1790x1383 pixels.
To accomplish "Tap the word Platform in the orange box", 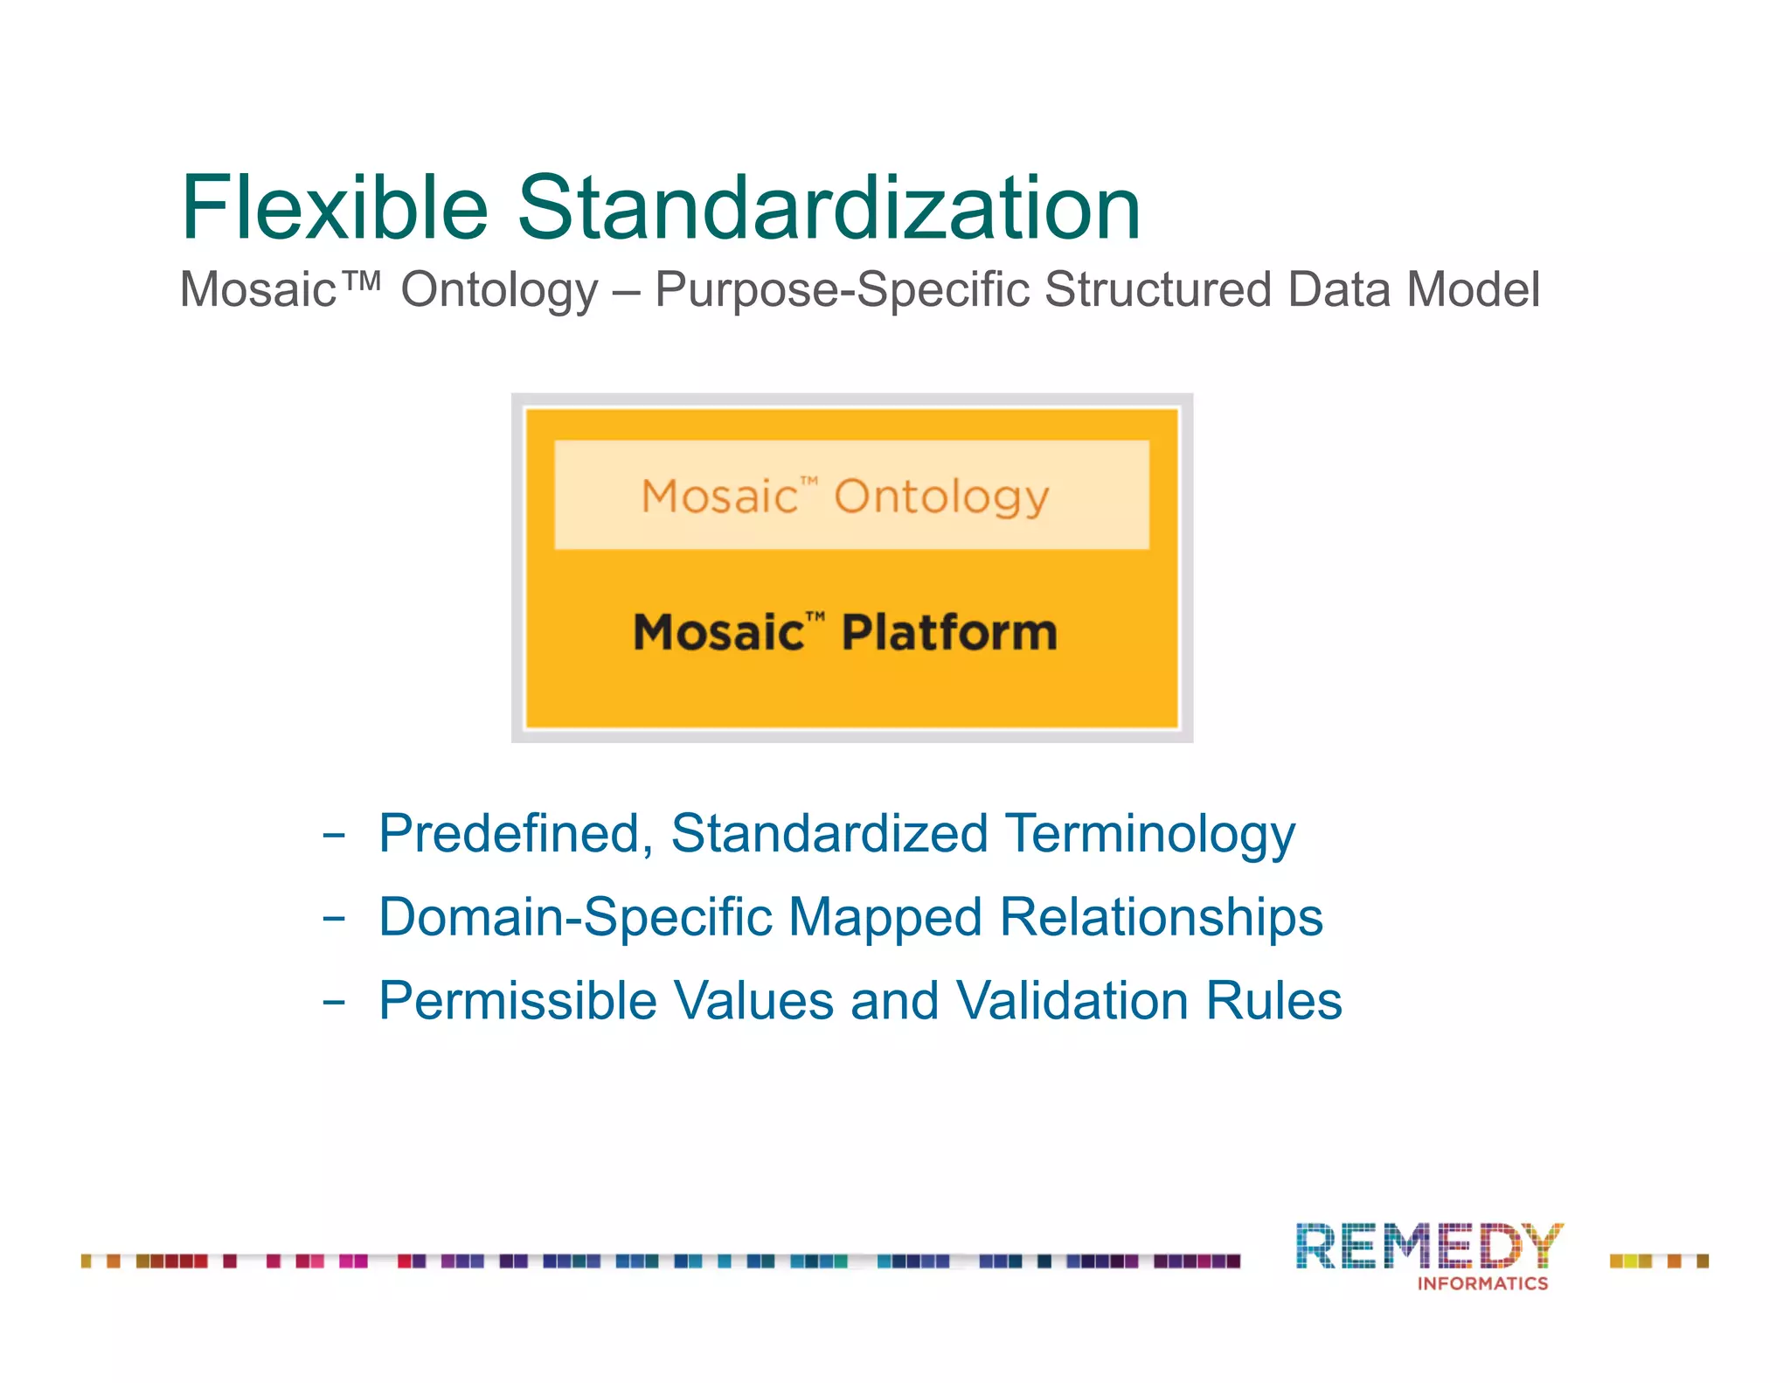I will tap(949, 633).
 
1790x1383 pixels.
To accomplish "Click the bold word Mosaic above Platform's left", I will tap(718, 633).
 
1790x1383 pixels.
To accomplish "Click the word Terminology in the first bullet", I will tap(1149, 833).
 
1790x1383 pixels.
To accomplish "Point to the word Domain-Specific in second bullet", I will tap(576, 918).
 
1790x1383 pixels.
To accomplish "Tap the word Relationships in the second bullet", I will tap(1161, 918).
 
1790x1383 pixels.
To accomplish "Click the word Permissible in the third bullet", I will tap(517, 1001).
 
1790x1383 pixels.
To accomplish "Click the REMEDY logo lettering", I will tap(1428, 1246).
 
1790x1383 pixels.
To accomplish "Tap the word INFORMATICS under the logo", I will tap(1482, 1283).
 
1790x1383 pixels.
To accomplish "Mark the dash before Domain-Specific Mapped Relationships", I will tap(333, 919).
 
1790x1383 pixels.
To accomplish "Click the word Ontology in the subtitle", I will tap(499, 291).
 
